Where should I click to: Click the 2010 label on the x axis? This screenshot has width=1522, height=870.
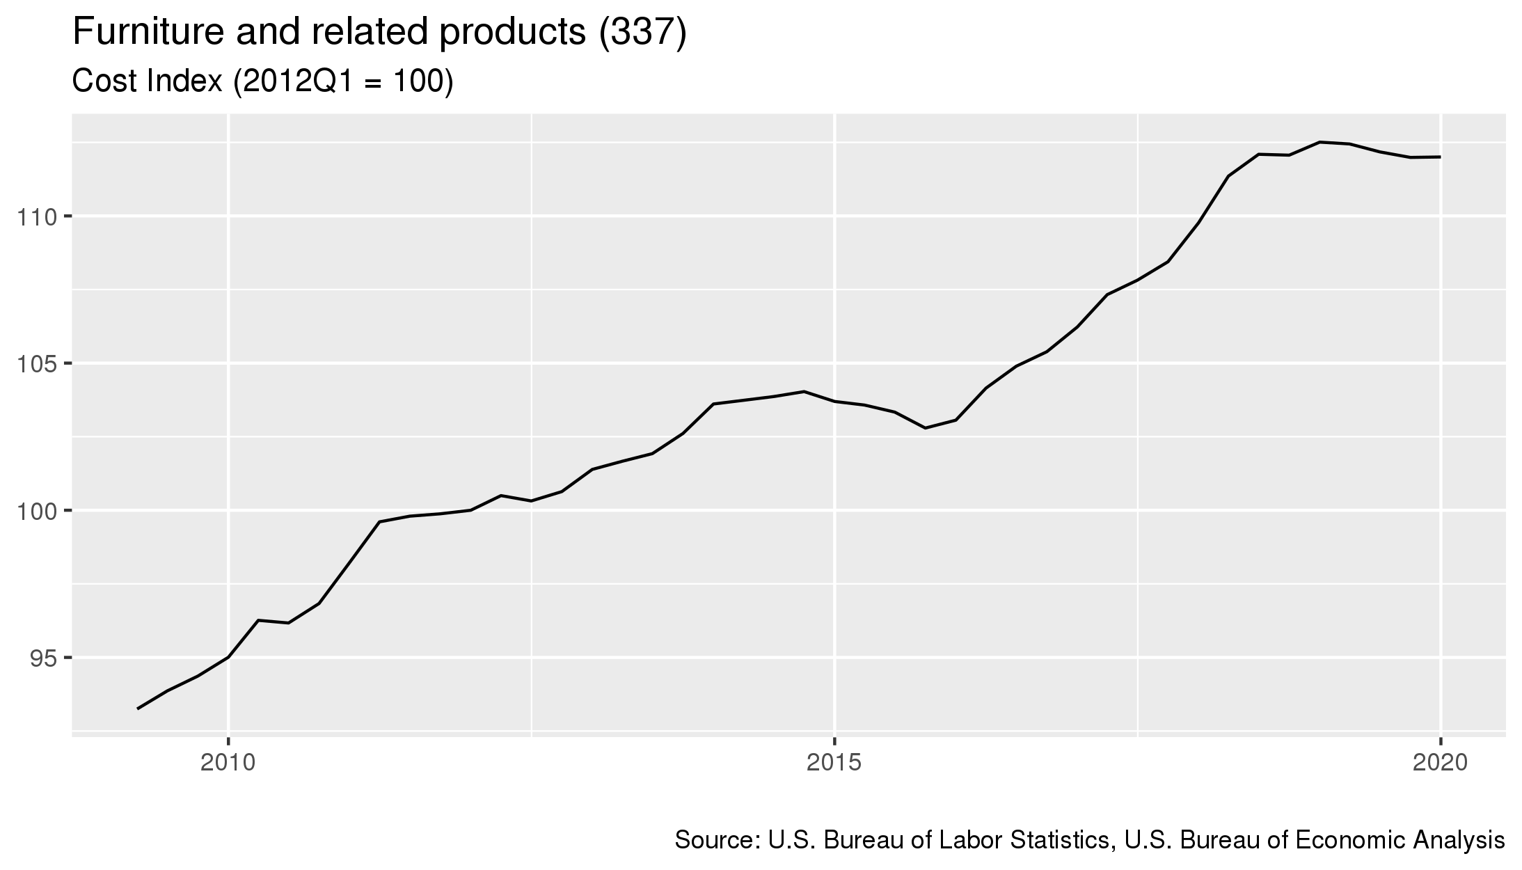click(x=228, y=763)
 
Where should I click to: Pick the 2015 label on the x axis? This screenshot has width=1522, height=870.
click(x=834, y=763)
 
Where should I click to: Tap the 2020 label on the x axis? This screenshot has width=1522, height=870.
click(x=1441, y=763)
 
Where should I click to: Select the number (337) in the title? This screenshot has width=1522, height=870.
click(x=643, y=33)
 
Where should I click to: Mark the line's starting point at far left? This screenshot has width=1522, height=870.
click(x=138, y=709)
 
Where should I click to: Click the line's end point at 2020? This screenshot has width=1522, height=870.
click(x=1441, y=157)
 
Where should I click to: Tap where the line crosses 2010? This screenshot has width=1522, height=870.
click(x=228, y=657)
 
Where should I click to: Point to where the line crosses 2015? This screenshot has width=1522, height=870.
click(x=834, y=401)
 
